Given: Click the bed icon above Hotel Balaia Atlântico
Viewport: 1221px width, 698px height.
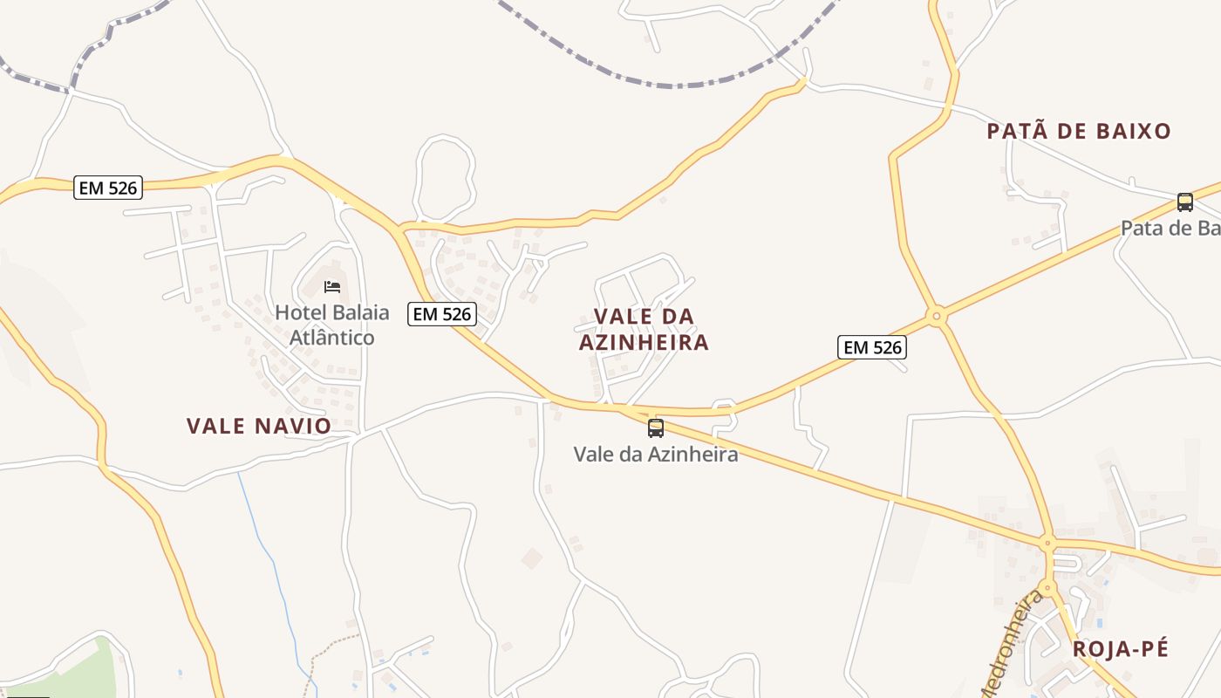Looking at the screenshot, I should tap(331, 286).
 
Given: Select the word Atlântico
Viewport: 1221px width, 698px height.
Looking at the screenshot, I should tap(331, 338).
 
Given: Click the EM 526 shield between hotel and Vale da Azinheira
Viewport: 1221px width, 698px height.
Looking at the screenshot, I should tap(442, 314).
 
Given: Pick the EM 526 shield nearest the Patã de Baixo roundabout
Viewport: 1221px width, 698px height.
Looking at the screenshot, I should tap(872, 347).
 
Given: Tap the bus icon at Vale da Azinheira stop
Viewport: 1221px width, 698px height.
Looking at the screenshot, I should tap(655, 428).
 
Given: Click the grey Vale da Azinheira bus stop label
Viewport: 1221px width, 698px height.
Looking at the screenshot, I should tap(655, 455).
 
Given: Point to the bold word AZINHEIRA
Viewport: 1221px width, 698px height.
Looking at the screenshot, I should tap(644, 343).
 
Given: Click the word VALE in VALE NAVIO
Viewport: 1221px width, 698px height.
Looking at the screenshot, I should tap(215, 427).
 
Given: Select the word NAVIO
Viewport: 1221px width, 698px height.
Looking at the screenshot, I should tap(293, 427).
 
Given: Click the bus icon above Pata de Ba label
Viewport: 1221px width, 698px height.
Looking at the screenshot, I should tap(1184, 202).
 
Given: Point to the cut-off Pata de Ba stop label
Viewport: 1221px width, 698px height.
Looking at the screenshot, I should tap(1170, 229).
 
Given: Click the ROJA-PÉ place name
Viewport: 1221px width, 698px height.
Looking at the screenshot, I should tap(1120, 649).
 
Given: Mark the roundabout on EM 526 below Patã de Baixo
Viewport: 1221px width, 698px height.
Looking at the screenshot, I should tap(937, 315).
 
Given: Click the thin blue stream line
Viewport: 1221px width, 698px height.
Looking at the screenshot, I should tap(270, 558).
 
